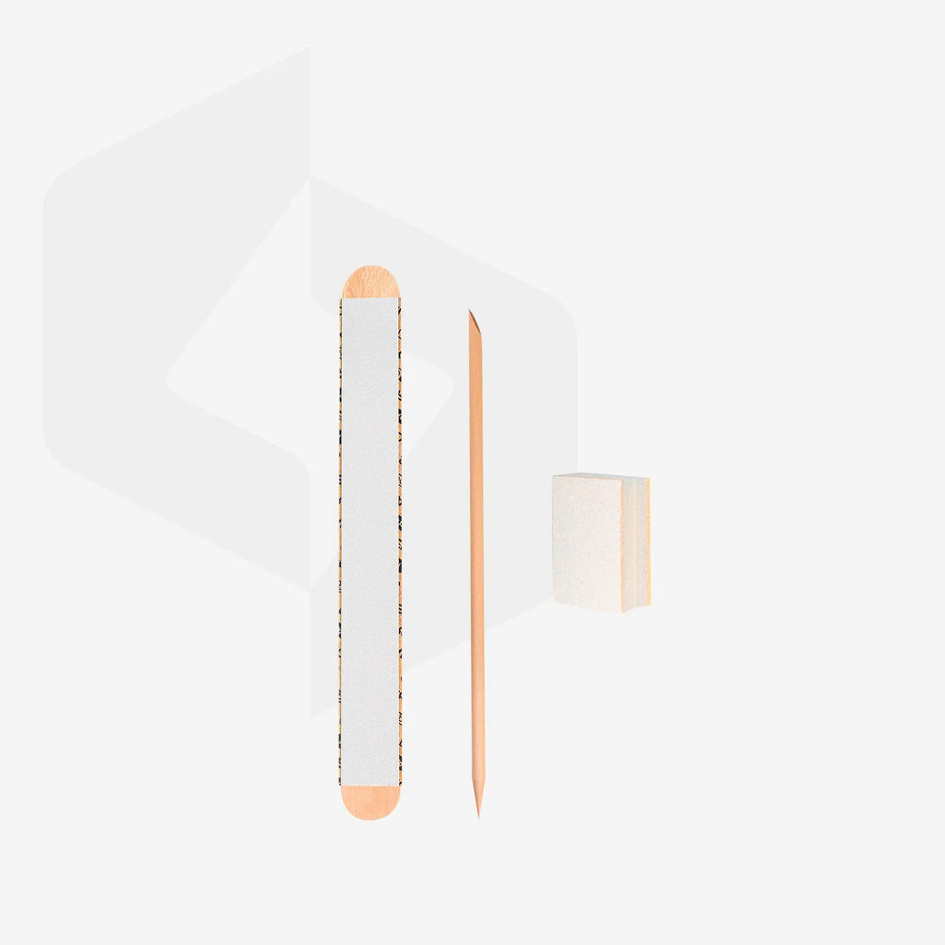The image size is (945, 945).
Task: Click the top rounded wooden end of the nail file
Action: pos(370,281)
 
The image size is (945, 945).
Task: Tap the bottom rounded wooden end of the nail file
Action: pos(370,803)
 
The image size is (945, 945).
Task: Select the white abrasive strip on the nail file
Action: pos(370,542)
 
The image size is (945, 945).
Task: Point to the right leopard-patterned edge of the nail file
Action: pos(400,542)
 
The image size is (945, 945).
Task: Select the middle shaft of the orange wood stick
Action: pos(476,560)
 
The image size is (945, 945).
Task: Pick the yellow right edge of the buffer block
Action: pos(647,542)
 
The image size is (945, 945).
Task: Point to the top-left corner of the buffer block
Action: pos(553,476)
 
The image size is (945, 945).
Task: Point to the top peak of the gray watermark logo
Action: pos(309,51)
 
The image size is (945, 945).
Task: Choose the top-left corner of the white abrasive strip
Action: pos(342,298)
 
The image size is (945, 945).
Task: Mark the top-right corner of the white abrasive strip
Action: pos(399,298)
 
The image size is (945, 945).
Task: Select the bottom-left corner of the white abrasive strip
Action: pos(342,785)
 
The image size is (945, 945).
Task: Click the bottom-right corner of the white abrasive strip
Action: pos(399,785)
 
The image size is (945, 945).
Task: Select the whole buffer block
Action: pos(600,542)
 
